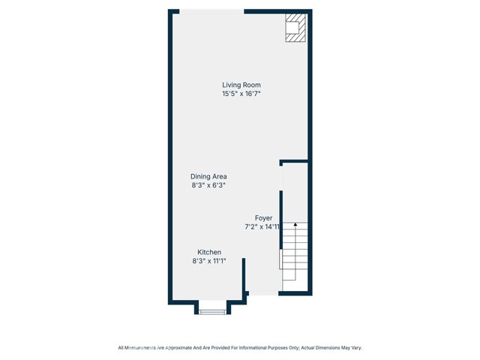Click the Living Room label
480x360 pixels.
(x=241, y=85)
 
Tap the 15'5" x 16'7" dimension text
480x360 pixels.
(x=241, y=94)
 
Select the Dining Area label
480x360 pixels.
(x=208, y=176)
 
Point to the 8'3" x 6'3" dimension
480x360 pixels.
(x=208, y=185)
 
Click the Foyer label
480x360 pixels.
(x=263, y=217)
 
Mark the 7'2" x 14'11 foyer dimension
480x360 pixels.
(x=262, y=226)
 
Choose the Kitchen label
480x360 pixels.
(x=209, y=252)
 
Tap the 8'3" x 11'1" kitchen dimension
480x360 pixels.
(x=209, y=261)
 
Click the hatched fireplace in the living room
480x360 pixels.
(x=295, y=28)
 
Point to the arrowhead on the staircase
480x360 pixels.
(x=295, y=224)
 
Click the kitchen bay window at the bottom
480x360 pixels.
(x=213, y=311)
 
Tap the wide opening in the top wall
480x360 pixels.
(x=211, y=11)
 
